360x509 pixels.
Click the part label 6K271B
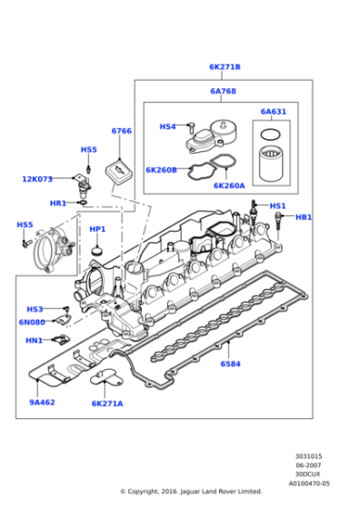tap(225, 66)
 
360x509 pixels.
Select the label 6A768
tap(223, 91)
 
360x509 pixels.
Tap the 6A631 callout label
tap(273, 112)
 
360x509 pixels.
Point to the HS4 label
tap(167, 126)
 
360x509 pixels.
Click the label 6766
tap(121, 131)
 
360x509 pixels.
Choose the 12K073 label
tap(37, 179)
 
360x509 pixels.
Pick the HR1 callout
tap(57, 203)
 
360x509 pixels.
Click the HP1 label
tap(97, 229)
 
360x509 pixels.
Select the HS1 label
tap(277, 206)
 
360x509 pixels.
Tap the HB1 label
tap(304, 217)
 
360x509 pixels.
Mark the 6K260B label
tap(160, 169)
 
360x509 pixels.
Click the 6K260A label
tap(228, 185)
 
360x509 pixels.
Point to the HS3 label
tap(35, 309)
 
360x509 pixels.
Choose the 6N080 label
tap(33, 322)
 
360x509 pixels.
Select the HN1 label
tap(34, 340)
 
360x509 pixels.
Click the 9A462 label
tap(42, 402)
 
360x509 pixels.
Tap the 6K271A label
tap(107, 403)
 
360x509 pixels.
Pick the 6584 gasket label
tap(231, 364)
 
